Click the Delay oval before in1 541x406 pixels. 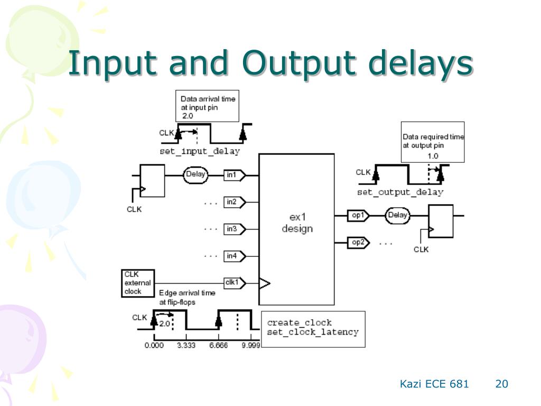(x=196, y=175)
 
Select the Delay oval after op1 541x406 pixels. (x=398, y=215)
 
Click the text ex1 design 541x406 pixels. (x=297, y=224)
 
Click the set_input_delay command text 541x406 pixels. (x=200, y=151)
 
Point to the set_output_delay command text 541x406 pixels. (x=400, y=192)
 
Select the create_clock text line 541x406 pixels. (x=299, y=322)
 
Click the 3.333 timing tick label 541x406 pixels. (x=186, y=345)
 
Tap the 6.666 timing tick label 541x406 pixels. (x=218, y=345)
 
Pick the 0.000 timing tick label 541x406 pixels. (x=154, y=345)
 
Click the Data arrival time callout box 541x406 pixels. (x=208, y=106)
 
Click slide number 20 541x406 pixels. (x=501, y=384)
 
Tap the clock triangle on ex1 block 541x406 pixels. (x=264, y=284)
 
